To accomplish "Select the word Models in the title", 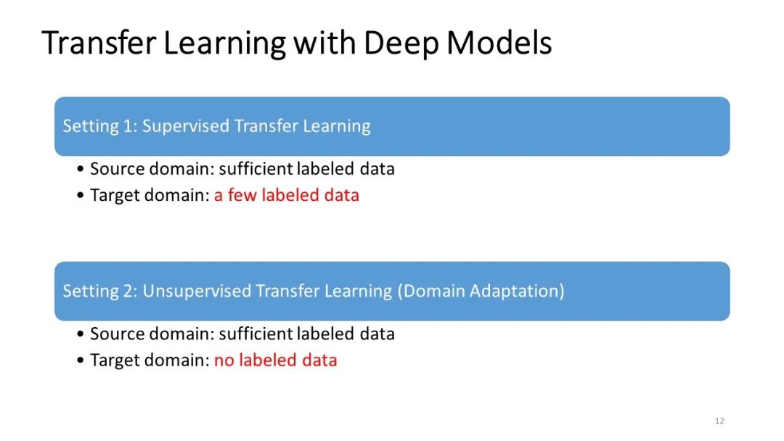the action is pyautogui.click(x=499, y=44).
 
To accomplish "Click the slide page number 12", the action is pyautogui.click(x=719, y=421).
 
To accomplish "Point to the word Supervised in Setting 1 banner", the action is pyautogui.click(x=184, y=126).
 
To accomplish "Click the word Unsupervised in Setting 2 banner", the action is pyautogui.click(x=196, y=292).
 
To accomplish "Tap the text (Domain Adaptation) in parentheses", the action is pyautogui.click(x=481, y=292).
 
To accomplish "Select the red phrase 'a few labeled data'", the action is pyautogui.click(x=286, y=195).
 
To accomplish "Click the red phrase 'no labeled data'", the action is pyautogui.click(x=275, y=360).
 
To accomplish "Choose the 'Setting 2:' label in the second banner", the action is pyautogui.click(x=99, y=292).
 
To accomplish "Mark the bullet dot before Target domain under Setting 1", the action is pyautogui.click(x=81, y=196).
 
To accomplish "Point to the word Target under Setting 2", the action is pyautogui.click(x=113, y=360).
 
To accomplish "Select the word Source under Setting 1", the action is pyautogui.click(x=114, y=169).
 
